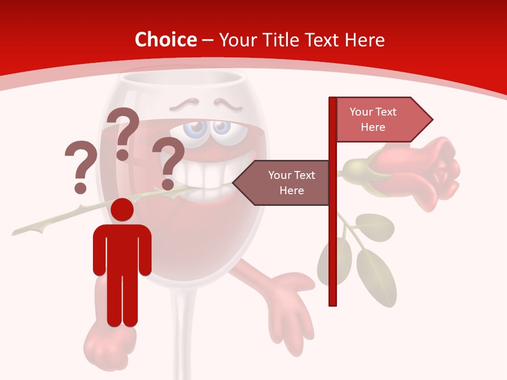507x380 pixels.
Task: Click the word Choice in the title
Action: (165, 40)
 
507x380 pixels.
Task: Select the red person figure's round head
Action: (123, 210)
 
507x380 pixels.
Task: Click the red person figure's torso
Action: (123, 248)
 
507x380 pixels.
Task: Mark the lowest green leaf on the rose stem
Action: (376, 277)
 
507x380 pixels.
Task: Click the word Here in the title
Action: (364, 40)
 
